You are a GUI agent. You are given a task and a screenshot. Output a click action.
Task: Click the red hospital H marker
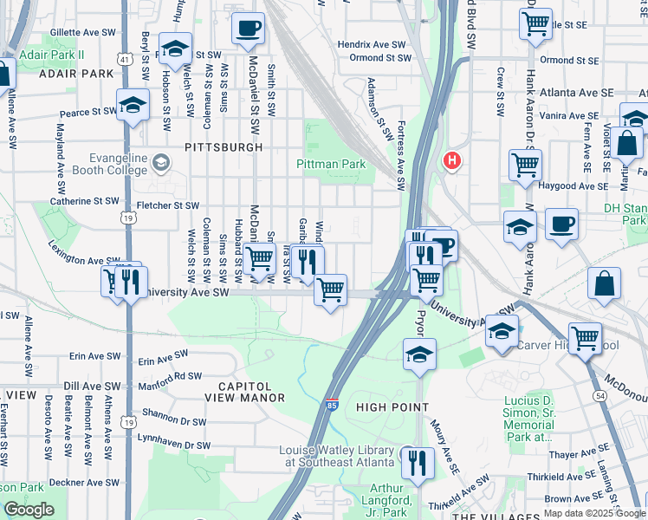[x=450, y=160]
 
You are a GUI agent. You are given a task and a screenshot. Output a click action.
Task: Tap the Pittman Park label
[x=331, y=164]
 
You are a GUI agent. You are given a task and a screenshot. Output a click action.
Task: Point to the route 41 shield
[x=126, y=60]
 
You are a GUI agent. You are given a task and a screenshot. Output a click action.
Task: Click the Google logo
[x=28, y=510]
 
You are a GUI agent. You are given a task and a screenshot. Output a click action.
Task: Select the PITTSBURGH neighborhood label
[x=224, y=147]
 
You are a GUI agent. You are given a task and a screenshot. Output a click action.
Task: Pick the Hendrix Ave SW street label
[x=372, y=43]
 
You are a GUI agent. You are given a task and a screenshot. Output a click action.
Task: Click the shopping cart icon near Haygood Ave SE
[x=525, y=165]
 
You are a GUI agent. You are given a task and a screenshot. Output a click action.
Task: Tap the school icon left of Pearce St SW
[x=133, y=106]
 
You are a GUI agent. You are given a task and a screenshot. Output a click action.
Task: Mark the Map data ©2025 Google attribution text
[x=593, y=513]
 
